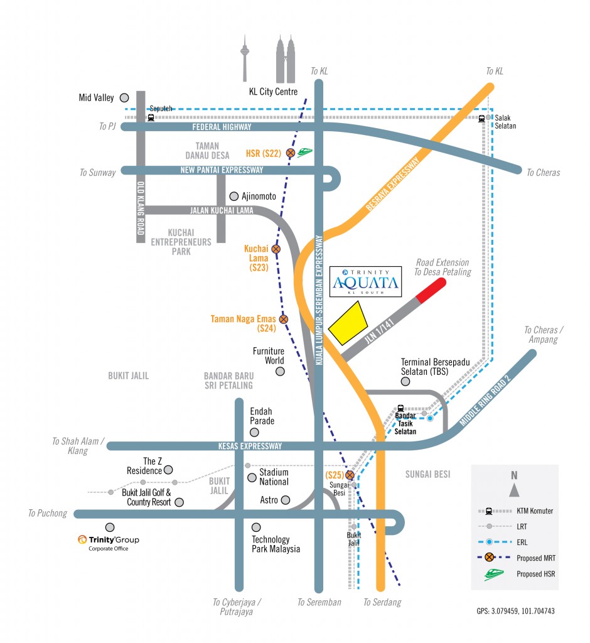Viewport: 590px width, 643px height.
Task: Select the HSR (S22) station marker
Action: [291, 153]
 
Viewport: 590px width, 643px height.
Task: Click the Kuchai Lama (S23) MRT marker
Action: [276, 249]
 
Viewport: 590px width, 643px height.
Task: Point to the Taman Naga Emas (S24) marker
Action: [283, 320]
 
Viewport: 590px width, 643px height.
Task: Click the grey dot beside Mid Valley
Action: [124, 97]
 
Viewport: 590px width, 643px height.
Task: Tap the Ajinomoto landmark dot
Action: [234, 196]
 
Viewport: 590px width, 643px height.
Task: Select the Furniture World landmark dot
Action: [280, 372]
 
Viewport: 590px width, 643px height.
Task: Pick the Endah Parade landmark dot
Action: [254, 432]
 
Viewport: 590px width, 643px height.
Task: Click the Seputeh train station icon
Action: [151, 117]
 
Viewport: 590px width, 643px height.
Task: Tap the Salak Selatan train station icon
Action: [482, 117]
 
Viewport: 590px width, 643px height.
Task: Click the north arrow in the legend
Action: [514, 489]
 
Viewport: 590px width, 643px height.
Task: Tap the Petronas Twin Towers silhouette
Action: [286, 60]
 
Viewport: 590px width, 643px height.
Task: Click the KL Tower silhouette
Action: [245, 60]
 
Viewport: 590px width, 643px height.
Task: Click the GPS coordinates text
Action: [515, 611]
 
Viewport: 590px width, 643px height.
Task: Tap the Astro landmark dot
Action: [286, 500]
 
